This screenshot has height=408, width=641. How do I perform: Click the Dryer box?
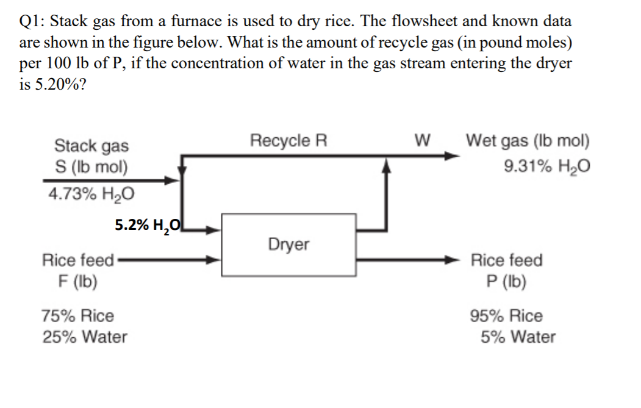pyautogui.click(x=288, y=245)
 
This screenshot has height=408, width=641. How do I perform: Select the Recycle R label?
pyautogui.click(x=288, y=141)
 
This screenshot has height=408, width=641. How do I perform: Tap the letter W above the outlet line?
pyautogui.click(x=421, y=141)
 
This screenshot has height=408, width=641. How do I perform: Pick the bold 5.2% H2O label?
pyautogui.click(x=148, y=225)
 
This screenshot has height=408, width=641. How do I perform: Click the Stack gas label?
pyautogui.click(x=91, y=146)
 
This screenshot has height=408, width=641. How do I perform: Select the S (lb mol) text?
pyautogui.click(x=91, y=166)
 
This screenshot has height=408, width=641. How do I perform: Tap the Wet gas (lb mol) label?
pyautogui.click(x=528, y=141)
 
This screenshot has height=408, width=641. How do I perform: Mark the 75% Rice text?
pyautogui.click(x=77, y=316)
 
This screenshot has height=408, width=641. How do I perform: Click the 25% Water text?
pyautogui.click(x=85, y=337)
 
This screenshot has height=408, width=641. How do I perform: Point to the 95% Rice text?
pyautogui.click(x=506, y=316)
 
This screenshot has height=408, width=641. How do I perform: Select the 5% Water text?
pyautogui.click(x=518, y=337)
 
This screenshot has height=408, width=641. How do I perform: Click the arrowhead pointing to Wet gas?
pyautogui.click(x=452, y=156)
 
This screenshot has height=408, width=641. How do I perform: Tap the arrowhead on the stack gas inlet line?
pyautogui.click(x=174, y=181)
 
